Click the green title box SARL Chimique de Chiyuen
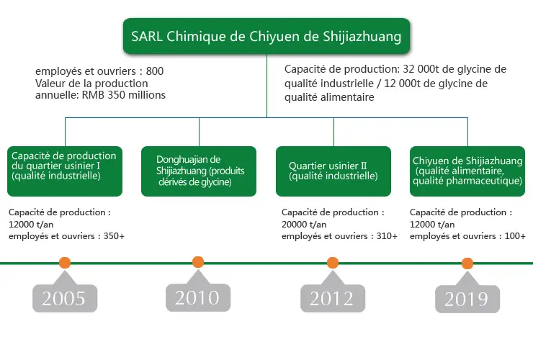click(266, 36)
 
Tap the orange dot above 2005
click(65, 262)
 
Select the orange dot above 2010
click(198, 262)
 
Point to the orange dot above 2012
click(333, 262)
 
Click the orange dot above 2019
click(467, 263)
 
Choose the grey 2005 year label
click(65, 298)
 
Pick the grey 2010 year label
click(198, 297)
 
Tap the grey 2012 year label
click(333, 298)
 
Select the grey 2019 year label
click(467, 299)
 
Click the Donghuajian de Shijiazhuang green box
click(199, 171)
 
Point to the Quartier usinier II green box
click(333, 171)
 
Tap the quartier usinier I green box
click(65, 171)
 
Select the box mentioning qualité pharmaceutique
click(467, 171)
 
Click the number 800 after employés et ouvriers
click(155, 71)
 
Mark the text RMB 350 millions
click(124, 95)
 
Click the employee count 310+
click(387, 236)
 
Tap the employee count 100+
click(515, 236)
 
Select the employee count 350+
click(114, 236)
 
